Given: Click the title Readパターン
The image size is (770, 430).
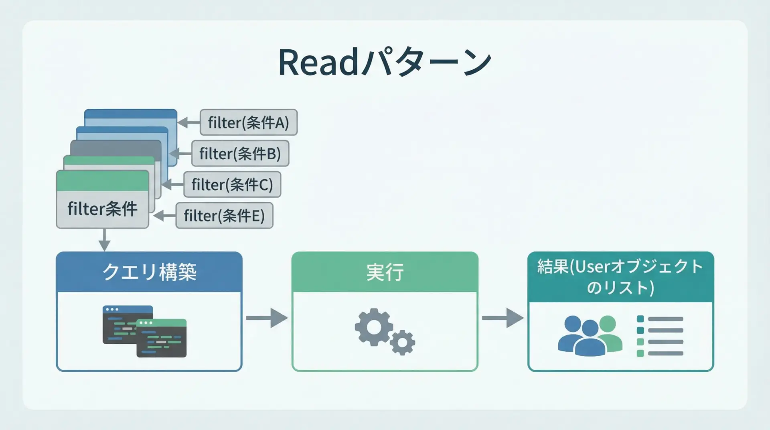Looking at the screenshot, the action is pyautogui.click(x=385, y=62).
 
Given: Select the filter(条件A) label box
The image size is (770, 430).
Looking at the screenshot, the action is pyautogui.click(x=249, y=122).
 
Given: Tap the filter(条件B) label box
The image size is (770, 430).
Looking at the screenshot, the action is pyautogui.click(x=240, y=153).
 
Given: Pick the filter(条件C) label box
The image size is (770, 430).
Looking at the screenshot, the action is pyautogui.click(x=232, y=185).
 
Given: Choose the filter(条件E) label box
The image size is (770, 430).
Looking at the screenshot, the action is pyautogui.click(x=225, y=216).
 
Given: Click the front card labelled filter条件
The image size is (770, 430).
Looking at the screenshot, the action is pyautogui.click(x=103, y=199).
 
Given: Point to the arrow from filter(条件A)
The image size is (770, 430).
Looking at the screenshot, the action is pyautogui.click(x=188, y=122).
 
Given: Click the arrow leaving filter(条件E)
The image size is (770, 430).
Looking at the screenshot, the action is pyautogui.click(x=164, y=216).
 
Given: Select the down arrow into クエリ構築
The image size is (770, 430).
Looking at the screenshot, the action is pyautogui.click(x=104, y=240).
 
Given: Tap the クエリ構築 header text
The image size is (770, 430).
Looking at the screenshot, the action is pyautogui.click(x=149, y=272).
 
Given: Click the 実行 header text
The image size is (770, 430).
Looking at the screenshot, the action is pyautogui.click(x=385, y=272).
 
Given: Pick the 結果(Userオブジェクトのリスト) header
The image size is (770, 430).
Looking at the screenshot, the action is pyautogui.click(x=620, y=277).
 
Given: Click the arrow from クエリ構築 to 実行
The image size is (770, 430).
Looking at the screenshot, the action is pyautogui.click(x=267, y=318).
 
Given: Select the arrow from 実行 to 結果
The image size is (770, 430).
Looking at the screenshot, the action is pyautogui.click(x=503, y=318).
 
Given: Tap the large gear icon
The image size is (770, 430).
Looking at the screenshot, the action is pyautogui.click(x=374, y=327).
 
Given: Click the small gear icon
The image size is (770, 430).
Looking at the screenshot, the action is pyautogui.click(x=402, y=343).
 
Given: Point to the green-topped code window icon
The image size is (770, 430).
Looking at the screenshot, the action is pyautogui.click(x=162, y=338).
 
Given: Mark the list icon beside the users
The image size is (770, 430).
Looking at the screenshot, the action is pyautogui.click(x=660, y=336).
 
